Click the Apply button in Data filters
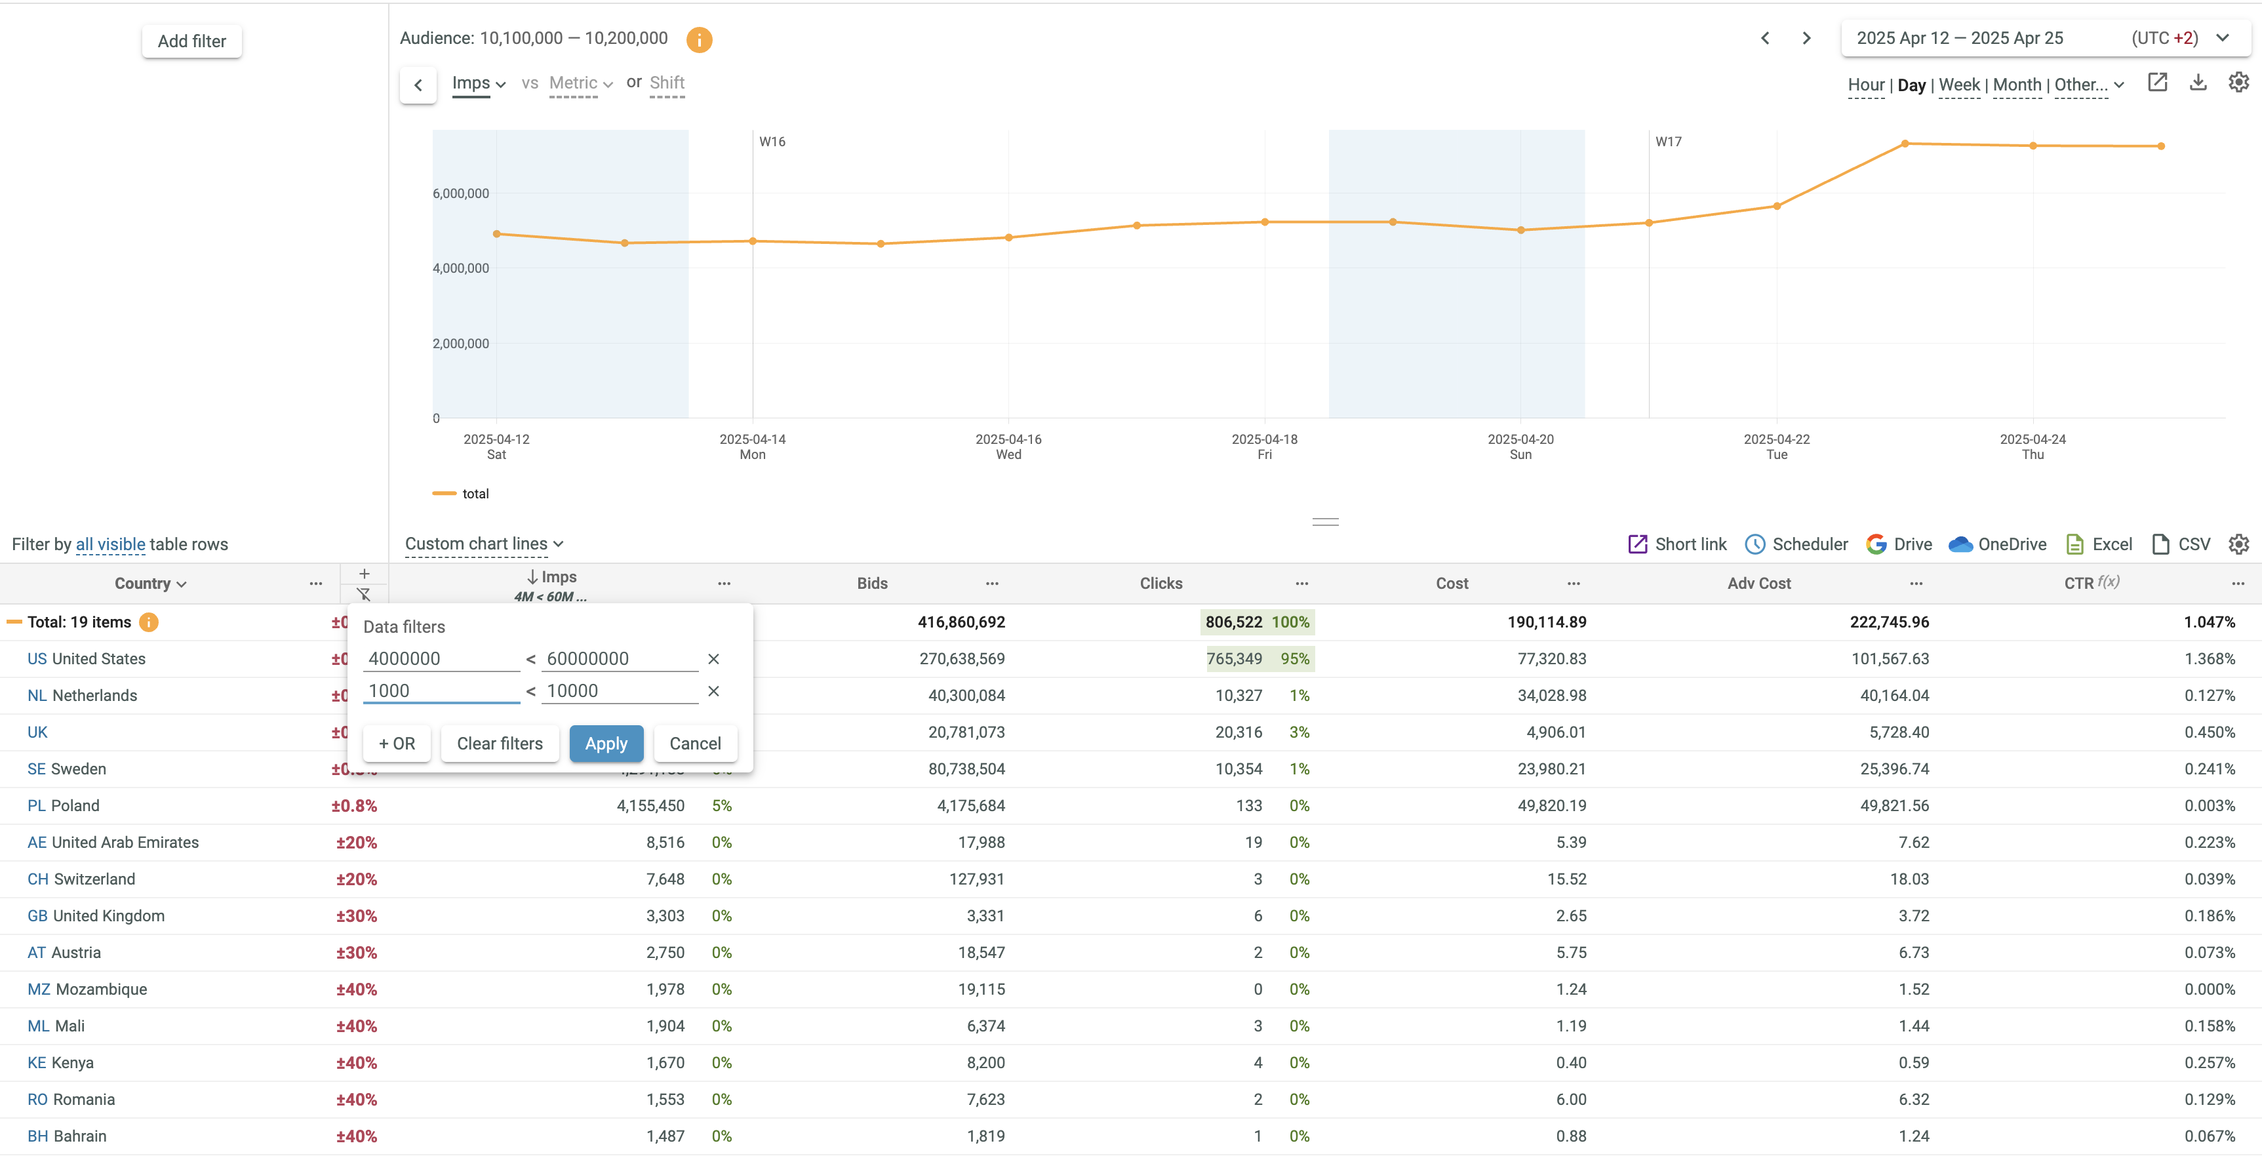606,744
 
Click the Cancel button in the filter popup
694,744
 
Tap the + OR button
397,744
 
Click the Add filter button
191,41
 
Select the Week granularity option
1959,85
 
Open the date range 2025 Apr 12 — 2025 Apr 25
1959,38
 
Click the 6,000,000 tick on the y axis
461,193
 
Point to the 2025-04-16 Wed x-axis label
1008,446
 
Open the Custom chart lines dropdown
484,544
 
